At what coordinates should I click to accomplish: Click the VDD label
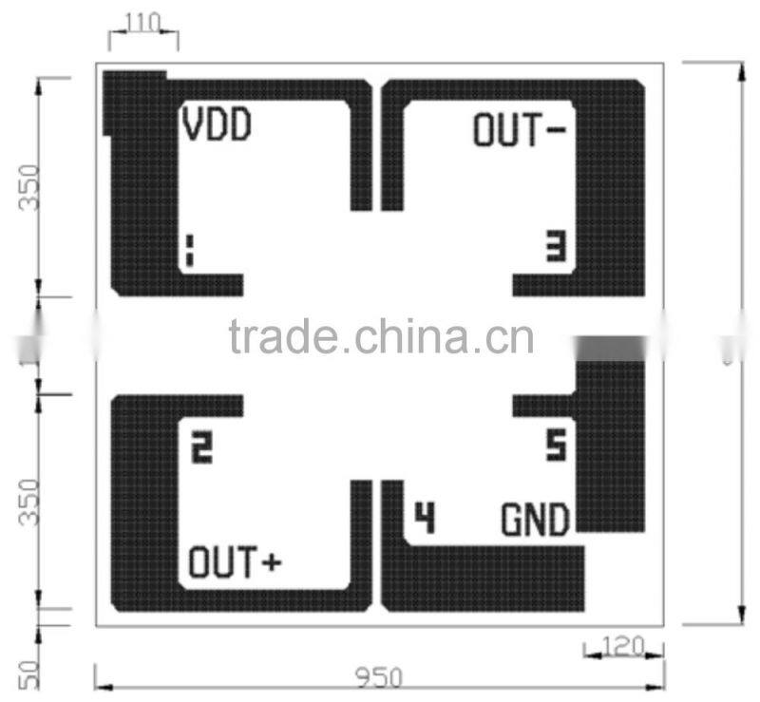pyautogui.click(x=218, y=125)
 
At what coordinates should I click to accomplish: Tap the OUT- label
pyautogui.click(x=519, y=130)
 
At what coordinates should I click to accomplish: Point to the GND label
pyautogui.click(x=535, y=520)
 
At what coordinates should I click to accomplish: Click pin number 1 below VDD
pyautogui.click(x=189, y=251)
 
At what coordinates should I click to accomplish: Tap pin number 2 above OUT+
pyautogui.click(x=201, y=447)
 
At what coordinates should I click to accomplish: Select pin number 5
pyautogui.click(x=556, y=445)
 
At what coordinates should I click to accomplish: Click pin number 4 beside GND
pyautogui.click(x=424, y=518)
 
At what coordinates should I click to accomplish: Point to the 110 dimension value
pyautogui.click(x=143, y=22)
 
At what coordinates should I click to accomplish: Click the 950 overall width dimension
pyautogui.click(x=379, y=677)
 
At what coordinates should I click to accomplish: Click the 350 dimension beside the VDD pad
pyautogui.click(x=28, y=187)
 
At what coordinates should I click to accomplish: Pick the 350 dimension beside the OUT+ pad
pyautogui.click(x=28, y=502)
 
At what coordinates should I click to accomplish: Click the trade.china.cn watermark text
pyautogui.click(x=381, y=336)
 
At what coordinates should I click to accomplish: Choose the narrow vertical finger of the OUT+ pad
pyautogui.click(x=361, y=541)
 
